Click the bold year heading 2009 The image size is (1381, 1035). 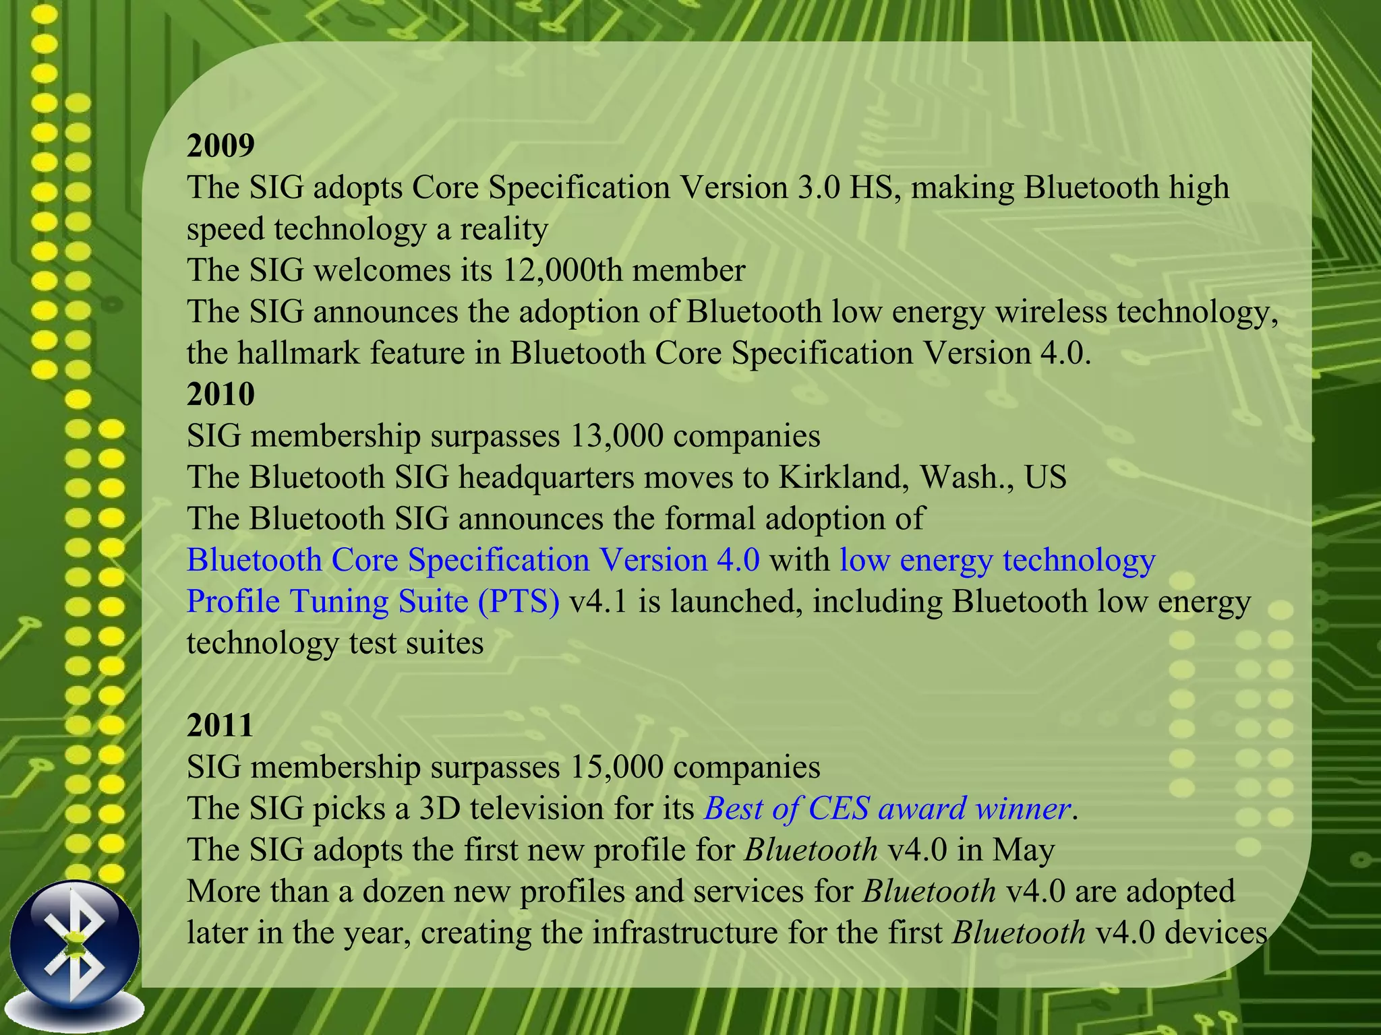221,146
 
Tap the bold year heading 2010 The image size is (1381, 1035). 221,394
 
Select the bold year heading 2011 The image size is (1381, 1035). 220,726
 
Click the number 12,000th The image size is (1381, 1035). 562,270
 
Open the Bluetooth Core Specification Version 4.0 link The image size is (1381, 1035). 473,561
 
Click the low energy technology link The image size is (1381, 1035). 997,561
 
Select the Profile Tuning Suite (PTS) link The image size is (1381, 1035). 373,602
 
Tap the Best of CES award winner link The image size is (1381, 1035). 887,809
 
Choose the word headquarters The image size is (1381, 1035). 546,478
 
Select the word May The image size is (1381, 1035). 1023,850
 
